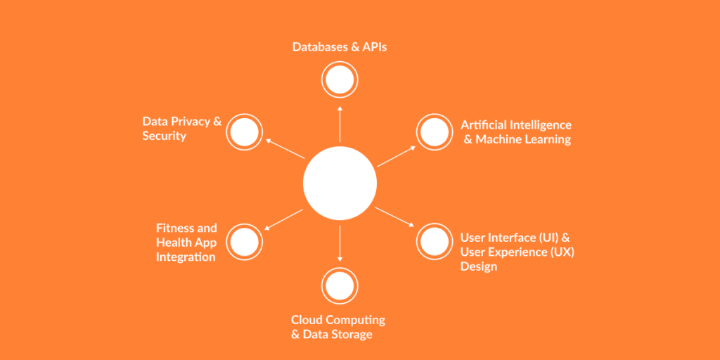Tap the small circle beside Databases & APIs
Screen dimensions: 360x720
pyautogui.click(x=340, y=80)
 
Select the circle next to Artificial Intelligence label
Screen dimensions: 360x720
pyautogui.click(x=435, y=132)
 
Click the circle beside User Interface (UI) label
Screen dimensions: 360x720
pyautogui.click(x=435, y=241)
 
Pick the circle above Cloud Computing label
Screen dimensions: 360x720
pyautogui.click(x=340, y=285)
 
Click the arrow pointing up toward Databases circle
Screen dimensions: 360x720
pyautogui.click(x=340, y=123)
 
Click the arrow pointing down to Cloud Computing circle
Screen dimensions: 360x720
pyautogui.click(x=340, y=243)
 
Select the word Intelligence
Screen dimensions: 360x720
pyautogui.click(x=539, y=125)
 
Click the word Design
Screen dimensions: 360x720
pyautogui.click(x=479, y=266)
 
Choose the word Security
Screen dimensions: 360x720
pyautogui.click(x=164, y=136)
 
